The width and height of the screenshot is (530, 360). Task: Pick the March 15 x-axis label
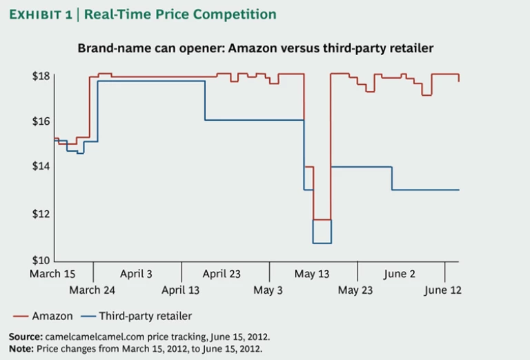click(x=52, y=274)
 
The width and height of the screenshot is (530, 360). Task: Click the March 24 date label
click(x=92, y=290)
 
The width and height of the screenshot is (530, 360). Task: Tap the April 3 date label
click(x=136, y=274)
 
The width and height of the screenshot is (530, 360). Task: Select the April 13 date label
click(x=181, y=290)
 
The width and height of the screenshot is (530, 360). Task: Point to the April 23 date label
click(x=222, y=274)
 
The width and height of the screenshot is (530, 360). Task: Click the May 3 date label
click(x=268, y=290)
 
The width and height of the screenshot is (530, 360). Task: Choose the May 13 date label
click(x=312, y=274)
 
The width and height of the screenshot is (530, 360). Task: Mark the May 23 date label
click(x=355, y=290)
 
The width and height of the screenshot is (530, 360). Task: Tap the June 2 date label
click(x=400, y=274)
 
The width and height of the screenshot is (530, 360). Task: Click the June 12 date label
click(x=443, y=290)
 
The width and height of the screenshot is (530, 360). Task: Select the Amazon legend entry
click(x=52, y=316)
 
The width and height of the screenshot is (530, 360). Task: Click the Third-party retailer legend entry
click(x=145, y=316)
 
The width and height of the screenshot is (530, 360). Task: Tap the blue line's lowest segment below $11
click(x=322, y=243)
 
